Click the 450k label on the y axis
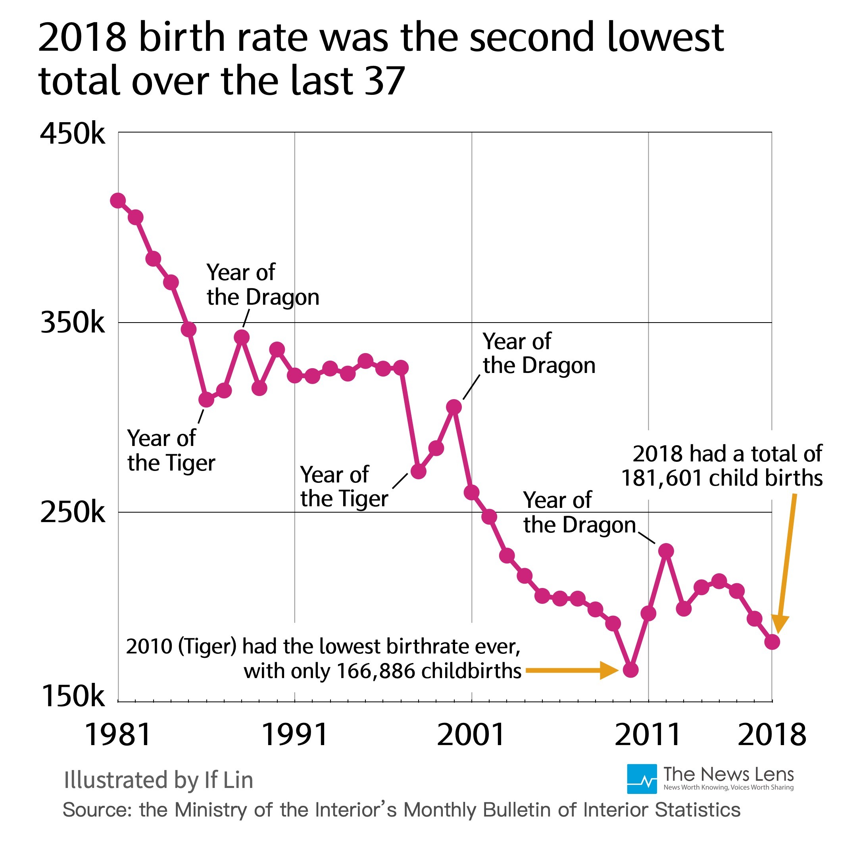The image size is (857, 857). [x=73, y=134]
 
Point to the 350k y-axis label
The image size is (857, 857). [x=73, y=323]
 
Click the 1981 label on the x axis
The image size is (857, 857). [x=117, y=734]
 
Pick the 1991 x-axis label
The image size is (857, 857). [x=295, y=734]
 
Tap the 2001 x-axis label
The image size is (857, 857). [x=471, y=734]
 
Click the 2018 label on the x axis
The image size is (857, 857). [x=772, y=734]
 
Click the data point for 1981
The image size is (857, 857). [x=117, y=200]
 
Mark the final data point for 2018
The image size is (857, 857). [x=772, y=642]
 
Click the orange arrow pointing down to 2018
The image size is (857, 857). [x=785, y=563]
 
